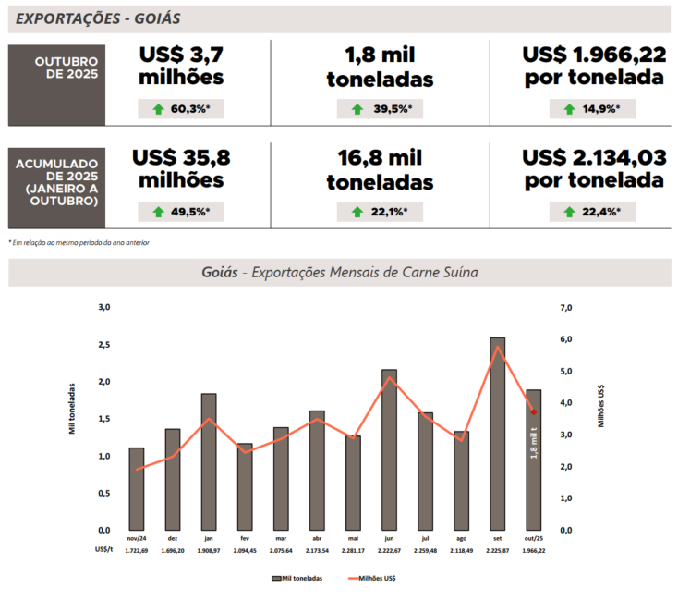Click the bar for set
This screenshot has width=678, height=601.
[497, 435]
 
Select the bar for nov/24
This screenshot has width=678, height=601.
[136, 489]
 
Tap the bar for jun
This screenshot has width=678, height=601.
[389, 450]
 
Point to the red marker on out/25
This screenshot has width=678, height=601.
[533, 411]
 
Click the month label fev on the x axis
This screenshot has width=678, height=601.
[245, 538]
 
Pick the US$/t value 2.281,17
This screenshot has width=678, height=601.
[353, 550]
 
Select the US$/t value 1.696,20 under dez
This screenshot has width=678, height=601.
[173, 550]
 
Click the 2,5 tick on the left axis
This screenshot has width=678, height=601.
[104, 344]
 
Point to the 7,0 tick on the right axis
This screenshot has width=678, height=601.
[566, 307]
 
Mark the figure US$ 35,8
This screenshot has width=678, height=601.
[180, 158]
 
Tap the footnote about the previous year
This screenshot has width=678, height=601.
[79, 242]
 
